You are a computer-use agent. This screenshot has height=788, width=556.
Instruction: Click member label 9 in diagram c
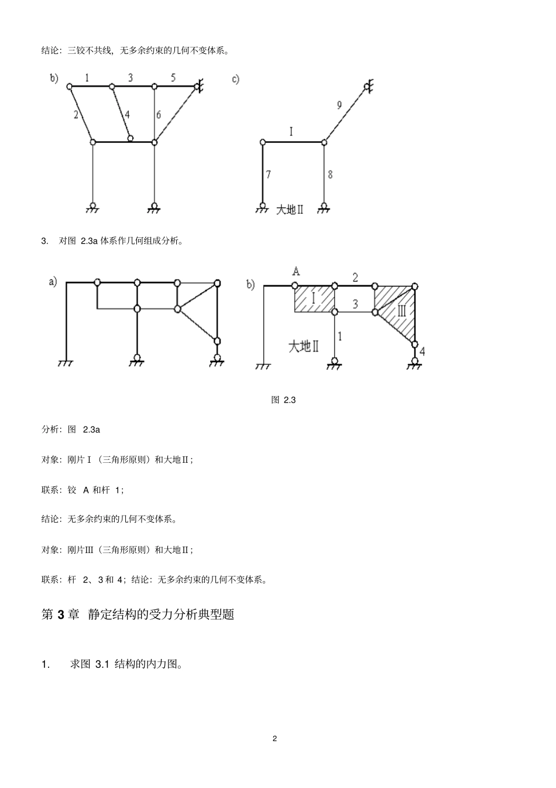coord(339,105)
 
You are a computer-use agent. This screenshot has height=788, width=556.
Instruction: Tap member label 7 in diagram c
coord(268,174)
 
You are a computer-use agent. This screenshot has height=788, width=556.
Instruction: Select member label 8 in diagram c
coord(330,174)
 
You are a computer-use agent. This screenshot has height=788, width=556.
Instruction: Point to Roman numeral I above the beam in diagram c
coord(291,131)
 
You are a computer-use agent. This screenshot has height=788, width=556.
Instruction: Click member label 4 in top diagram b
coord(126,114)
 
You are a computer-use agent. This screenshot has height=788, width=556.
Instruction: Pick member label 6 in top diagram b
coord(158,115)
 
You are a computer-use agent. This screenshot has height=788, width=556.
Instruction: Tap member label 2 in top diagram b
coord(76,115)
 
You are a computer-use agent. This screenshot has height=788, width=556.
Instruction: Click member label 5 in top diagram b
coord(173,77)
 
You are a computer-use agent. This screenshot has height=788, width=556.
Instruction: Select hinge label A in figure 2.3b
coord(296,271)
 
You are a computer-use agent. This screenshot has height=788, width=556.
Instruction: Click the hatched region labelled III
coord(401,310)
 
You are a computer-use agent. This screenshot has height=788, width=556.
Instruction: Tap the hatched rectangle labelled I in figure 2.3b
coord(313,298)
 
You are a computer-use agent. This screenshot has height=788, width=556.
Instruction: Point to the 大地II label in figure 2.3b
coord(303,346)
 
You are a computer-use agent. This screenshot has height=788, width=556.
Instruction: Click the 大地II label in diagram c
coord(290,209)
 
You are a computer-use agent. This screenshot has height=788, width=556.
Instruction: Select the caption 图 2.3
coord(283,400)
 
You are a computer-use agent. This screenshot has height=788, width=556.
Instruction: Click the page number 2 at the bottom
coord(274,738)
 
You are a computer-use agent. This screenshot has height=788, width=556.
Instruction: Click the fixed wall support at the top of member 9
coord(369,87)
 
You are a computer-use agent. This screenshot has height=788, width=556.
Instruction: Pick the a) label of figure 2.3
coord(53,282)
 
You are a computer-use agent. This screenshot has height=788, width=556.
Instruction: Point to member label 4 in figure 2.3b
coord(423,352)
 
